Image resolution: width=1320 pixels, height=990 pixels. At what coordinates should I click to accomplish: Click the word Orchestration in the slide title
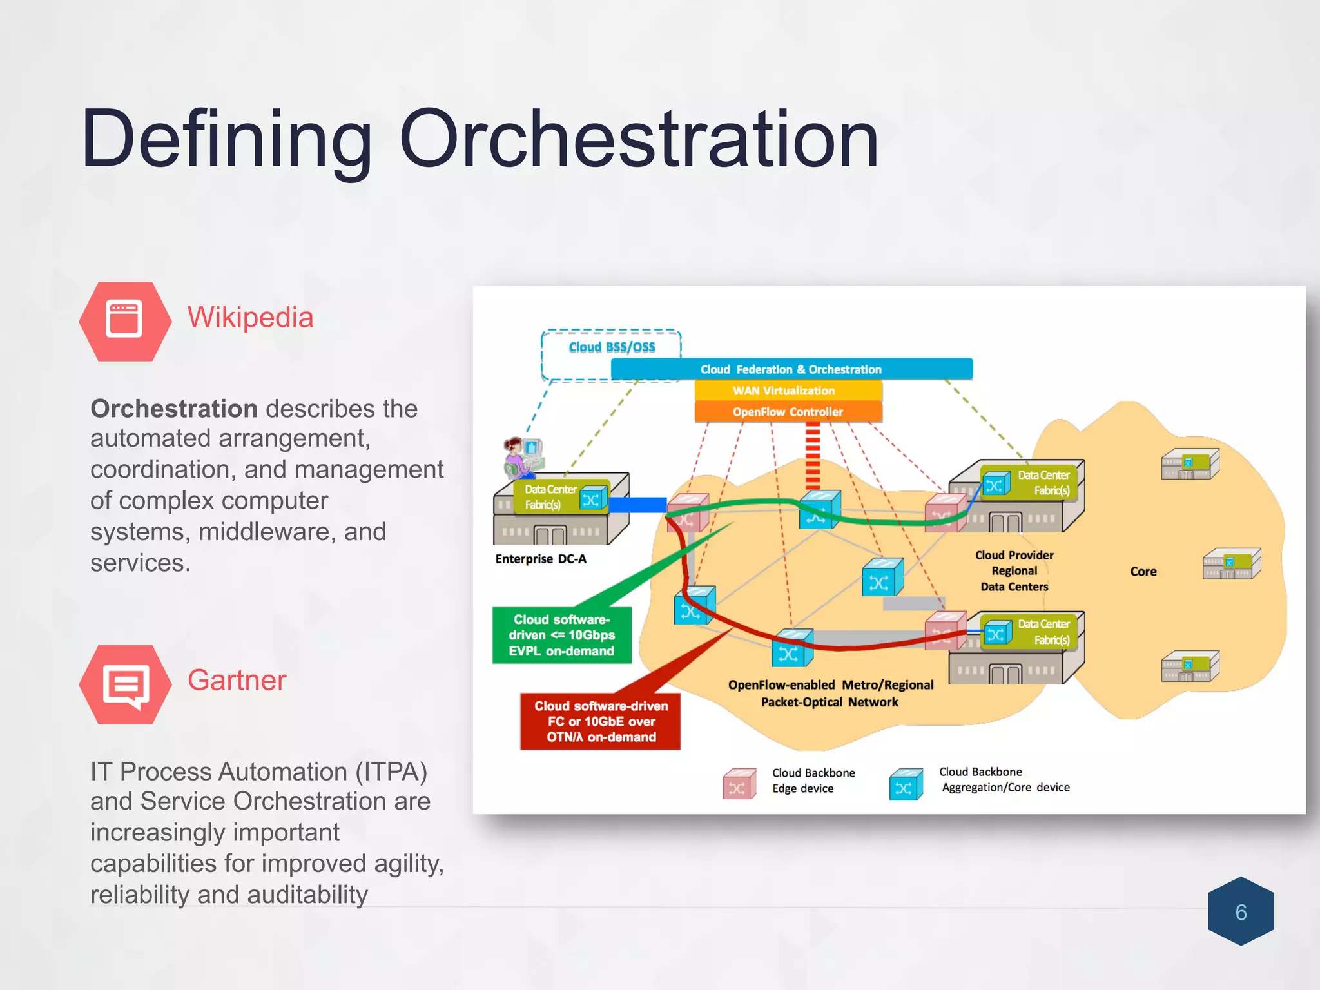click(x=638, y=139)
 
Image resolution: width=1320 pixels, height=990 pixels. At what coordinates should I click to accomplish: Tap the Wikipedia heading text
click(x=250, y=317)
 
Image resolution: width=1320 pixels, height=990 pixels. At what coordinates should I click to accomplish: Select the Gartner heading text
click(x=237, y=680)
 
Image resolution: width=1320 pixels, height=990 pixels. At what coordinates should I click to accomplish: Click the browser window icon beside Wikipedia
click(x=124, y=320)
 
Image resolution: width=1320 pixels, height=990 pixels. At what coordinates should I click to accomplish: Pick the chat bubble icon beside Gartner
click(x=125, y=684)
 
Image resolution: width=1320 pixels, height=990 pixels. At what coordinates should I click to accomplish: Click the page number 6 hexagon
click(x=1241, y=912)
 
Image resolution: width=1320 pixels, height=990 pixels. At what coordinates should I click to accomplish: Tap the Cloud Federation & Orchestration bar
click(x=791, y=369)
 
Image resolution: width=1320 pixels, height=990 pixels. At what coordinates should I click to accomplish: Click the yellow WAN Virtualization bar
click(x=788, y=391)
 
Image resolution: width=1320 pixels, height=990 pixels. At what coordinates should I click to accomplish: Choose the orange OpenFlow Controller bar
click(x=788, y=412)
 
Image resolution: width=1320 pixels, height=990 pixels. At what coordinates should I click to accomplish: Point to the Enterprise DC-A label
click(x=541, y=559)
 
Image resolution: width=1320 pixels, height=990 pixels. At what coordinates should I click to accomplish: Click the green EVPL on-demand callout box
click(x=561, y=635)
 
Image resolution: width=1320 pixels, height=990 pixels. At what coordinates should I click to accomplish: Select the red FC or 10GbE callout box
click(x=600, y=721)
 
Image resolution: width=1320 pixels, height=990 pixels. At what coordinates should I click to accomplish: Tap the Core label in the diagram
click(x=1143, y=572)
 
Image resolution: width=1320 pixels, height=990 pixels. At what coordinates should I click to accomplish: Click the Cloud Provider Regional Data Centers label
click(x=1014, y=570)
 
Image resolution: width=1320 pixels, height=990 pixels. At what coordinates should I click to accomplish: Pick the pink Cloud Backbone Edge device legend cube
click(x=739, y=784)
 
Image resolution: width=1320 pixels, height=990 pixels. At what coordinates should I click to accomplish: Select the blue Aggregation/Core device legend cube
click(x=906, y=784)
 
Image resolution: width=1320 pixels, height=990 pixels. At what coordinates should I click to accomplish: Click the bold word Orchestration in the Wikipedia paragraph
click(x=174, y=409)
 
